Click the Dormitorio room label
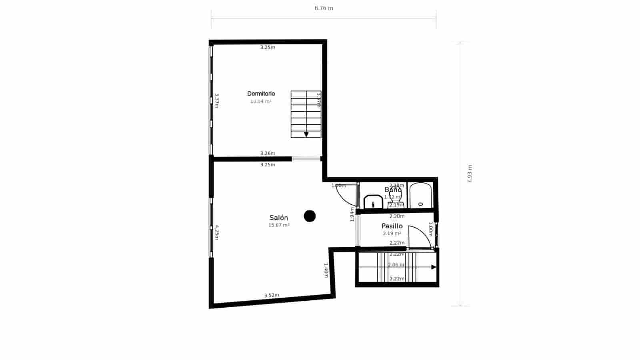point(261,94)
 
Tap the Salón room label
point(279,218)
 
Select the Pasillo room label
point(392,226)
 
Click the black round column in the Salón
point(310,216)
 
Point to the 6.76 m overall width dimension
point(324,8)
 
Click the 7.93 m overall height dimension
point(470,174)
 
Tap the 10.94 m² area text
point(261,102)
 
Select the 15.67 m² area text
point(279,225)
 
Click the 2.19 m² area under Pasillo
point(392,234)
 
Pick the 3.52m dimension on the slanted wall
point(272,295)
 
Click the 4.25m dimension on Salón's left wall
point(216,232)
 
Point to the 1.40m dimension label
point(326,270)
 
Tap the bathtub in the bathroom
point(420,196)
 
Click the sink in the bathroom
point(373,202)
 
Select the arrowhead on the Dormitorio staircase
point(306,135)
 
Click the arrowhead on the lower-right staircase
point(434,267)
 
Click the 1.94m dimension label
point(352,214)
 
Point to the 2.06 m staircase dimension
point(396,265)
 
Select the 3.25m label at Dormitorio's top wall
point(268,47)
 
